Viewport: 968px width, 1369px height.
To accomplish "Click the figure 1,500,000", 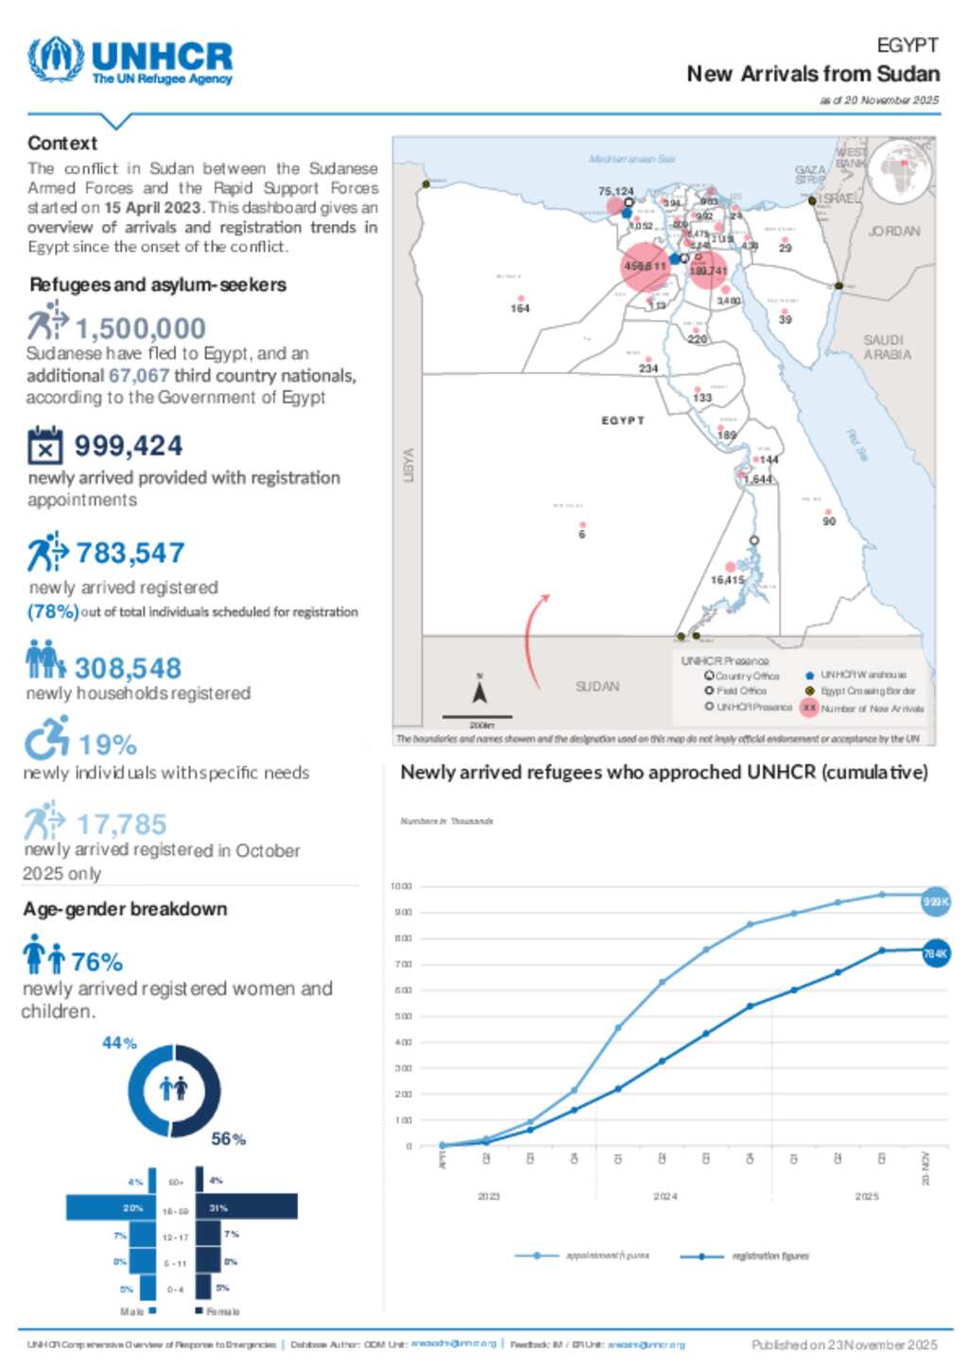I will [x=140, y=328].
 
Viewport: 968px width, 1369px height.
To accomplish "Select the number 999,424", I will [x=129, y=445].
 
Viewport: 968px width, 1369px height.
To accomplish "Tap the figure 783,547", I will [x=130, y=553].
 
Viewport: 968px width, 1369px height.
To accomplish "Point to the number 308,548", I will [x=128, y=668].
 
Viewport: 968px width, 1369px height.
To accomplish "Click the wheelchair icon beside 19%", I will [x=46, y=738].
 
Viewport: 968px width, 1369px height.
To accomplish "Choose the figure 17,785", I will [x=121, y=824].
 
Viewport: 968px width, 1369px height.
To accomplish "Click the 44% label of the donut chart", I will [x=119, y=1043].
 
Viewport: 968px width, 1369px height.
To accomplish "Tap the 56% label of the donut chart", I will [x=228, y=1138].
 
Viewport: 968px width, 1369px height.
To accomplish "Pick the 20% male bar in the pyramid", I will [x=111, y=1207].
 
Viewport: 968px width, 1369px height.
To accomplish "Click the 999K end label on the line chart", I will [x=935, y=902].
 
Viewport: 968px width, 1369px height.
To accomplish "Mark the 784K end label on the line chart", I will [x=935, y=954].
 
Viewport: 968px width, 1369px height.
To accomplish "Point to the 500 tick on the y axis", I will [x=401, y=1017].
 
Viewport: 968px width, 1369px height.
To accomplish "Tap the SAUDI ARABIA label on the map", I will [x=886, y=347].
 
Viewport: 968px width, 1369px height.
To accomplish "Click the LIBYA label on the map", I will [x=408, y=465].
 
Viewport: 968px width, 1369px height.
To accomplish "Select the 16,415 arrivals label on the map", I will [x=727, y=579].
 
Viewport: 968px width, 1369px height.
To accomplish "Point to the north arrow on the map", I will [x=479, y=693].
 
